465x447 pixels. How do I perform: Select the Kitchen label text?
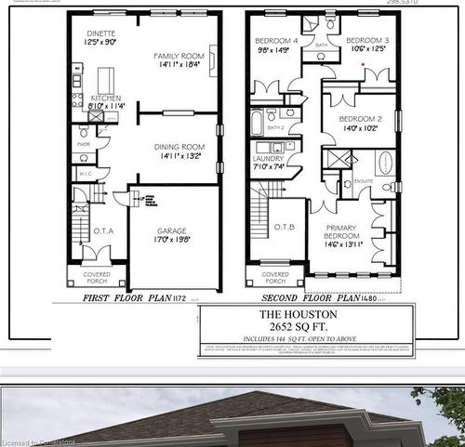(x=105, y=98)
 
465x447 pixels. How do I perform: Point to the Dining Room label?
(x=179, y=147)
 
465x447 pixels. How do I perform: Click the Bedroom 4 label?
(x=278, y=41)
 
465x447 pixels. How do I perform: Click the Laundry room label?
(x=268, y=159)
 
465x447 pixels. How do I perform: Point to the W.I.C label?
(x=83, y=172)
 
